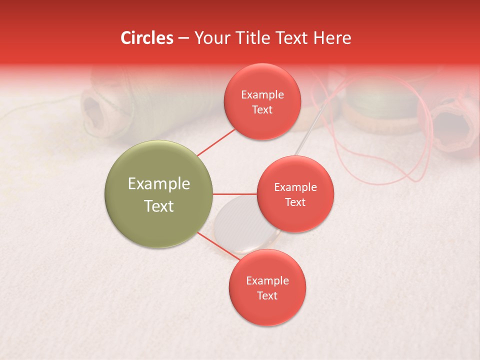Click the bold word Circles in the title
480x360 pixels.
coord(147,38)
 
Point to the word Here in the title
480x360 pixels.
coord(332,38)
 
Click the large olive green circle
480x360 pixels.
coord(158,194)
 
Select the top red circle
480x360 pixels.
coord(262,101)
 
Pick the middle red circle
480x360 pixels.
coord(295,194)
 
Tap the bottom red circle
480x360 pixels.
coord(267,287)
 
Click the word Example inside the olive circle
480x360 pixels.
coord(158,183)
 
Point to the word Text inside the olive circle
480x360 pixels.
coord(158,206)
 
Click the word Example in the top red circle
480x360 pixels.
coord(262,94)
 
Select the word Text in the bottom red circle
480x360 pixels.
coord(267,295)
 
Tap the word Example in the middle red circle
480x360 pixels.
coord(295,187)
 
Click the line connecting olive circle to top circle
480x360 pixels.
coord(216,141)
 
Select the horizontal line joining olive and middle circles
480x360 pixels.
coord(234,193)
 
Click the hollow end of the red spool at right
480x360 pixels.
coord(452,126)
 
